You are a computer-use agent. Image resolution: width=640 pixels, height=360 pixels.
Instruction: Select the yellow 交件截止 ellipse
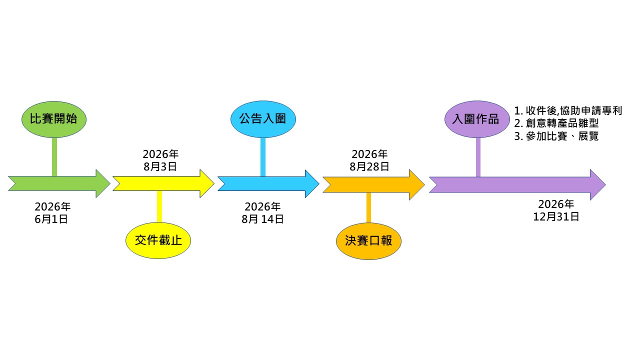point(158,240)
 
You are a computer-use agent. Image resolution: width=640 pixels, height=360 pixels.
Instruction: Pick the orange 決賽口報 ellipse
point(368,240)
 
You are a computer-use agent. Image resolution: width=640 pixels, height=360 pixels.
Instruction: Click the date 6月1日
point(51,219)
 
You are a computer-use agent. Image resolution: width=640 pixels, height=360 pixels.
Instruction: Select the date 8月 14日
point(262,219)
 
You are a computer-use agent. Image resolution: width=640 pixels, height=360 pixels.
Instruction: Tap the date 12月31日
point(556,216)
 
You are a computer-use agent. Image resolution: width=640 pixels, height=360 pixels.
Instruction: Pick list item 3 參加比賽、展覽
point(556,136)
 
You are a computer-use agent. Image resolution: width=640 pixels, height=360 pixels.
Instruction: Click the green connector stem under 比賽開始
point(54,156)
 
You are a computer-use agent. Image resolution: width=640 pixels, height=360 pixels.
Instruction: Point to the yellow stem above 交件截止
point(159,206)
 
